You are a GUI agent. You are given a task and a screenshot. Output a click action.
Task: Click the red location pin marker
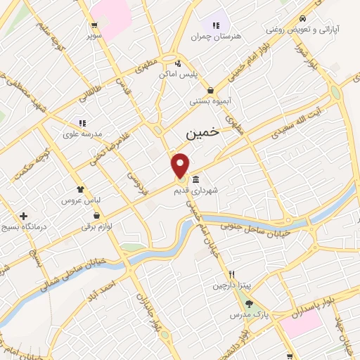click(x=181, y=165)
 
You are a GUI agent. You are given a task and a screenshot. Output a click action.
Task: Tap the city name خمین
click(x=202, y=131)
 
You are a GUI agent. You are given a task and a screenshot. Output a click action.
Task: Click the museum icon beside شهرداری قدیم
click(x=195, y=178)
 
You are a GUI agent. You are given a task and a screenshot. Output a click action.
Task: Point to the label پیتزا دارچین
click(x=231, y=286)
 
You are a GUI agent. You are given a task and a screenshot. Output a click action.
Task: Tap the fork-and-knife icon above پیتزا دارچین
click(x=231, y=275)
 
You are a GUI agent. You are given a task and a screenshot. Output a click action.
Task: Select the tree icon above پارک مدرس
click(x=249, y=304)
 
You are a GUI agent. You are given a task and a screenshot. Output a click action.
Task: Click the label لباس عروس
click(x=83, y=200)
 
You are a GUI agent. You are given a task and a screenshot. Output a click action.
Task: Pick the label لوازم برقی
click(x=97, y=226)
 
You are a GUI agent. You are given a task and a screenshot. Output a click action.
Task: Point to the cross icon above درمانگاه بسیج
click(x=24, y=215)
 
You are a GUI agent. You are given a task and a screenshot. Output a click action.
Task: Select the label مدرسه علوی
click(x=83, y=134)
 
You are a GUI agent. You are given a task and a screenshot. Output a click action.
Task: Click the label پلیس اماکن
click(x=179, y=74)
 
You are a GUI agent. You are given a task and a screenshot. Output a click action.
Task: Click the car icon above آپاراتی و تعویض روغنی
click(x=302, y=19)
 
